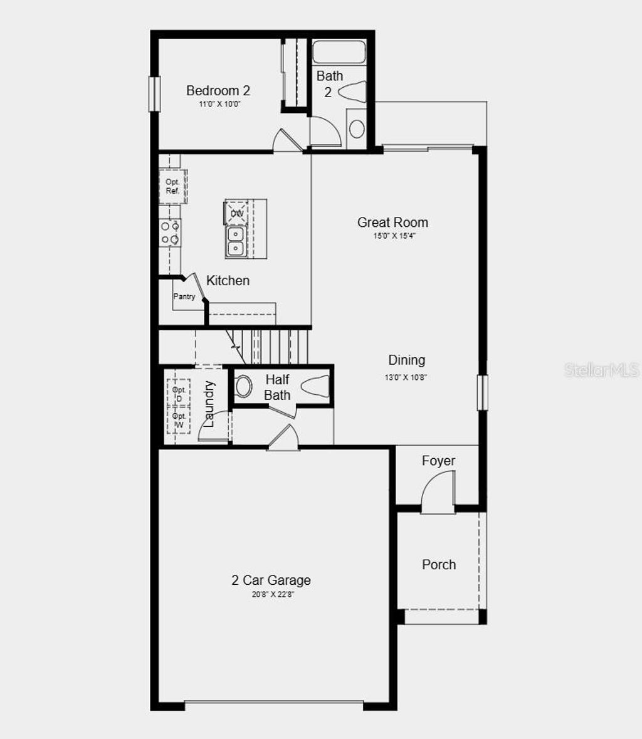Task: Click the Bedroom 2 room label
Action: [218, 91]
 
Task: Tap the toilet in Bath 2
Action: [353, 92]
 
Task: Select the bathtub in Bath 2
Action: [339, 52]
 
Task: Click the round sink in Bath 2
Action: [356, 129]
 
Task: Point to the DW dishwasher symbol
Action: [237, 213]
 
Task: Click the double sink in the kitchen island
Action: [236, 241]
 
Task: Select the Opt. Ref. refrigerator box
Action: [172, 186]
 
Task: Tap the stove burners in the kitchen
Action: [170, 232]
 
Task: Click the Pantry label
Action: [184, 296]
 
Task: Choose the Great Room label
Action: [392, 222]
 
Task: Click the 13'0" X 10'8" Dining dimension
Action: [406, 377]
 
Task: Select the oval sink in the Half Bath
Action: [243, 386]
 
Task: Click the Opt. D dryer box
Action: [179, 394]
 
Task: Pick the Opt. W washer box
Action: [179, 421]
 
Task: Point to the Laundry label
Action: [209, 404]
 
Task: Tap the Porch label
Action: [438, 564]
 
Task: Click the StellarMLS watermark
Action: [601, 369]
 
